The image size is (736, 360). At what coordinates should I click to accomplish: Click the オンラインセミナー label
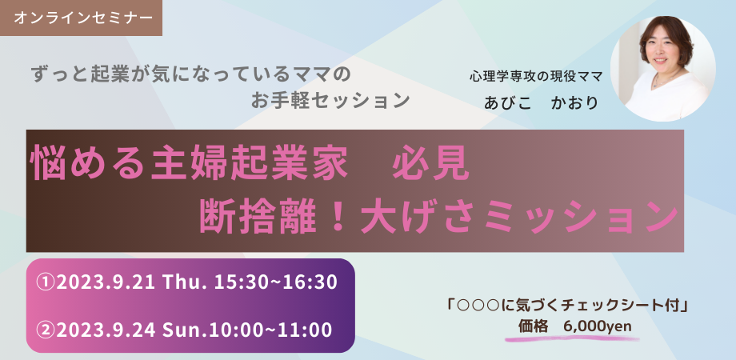(x=82, y=18)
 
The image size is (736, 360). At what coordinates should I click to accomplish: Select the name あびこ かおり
(x=542, y=102)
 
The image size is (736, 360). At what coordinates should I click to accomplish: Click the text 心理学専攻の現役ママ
(x=535, y=77)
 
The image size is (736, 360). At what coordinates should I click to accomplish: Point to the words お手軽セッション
(x=330, y=100)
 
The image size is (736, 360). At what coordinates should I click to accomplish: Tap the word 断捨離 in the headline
(x=246, y=217)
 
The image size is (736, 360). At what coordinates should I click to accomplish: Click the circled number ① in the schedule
(x=46, y=282)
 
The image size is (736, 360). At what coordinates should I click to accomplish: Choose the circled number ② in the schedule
(x=46, y=330)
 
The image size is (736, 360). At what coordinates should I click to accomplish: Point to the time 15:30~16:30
(x=276, y=282)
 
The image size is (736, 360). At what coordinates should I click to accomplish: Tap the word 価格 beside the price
(x=534, y=326)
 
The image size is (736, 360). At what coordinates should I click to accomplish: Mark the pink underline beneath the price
(x=572, y=338)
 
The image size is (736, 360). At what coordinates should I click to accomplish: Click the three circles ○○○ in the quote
(x=478, y=306)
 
